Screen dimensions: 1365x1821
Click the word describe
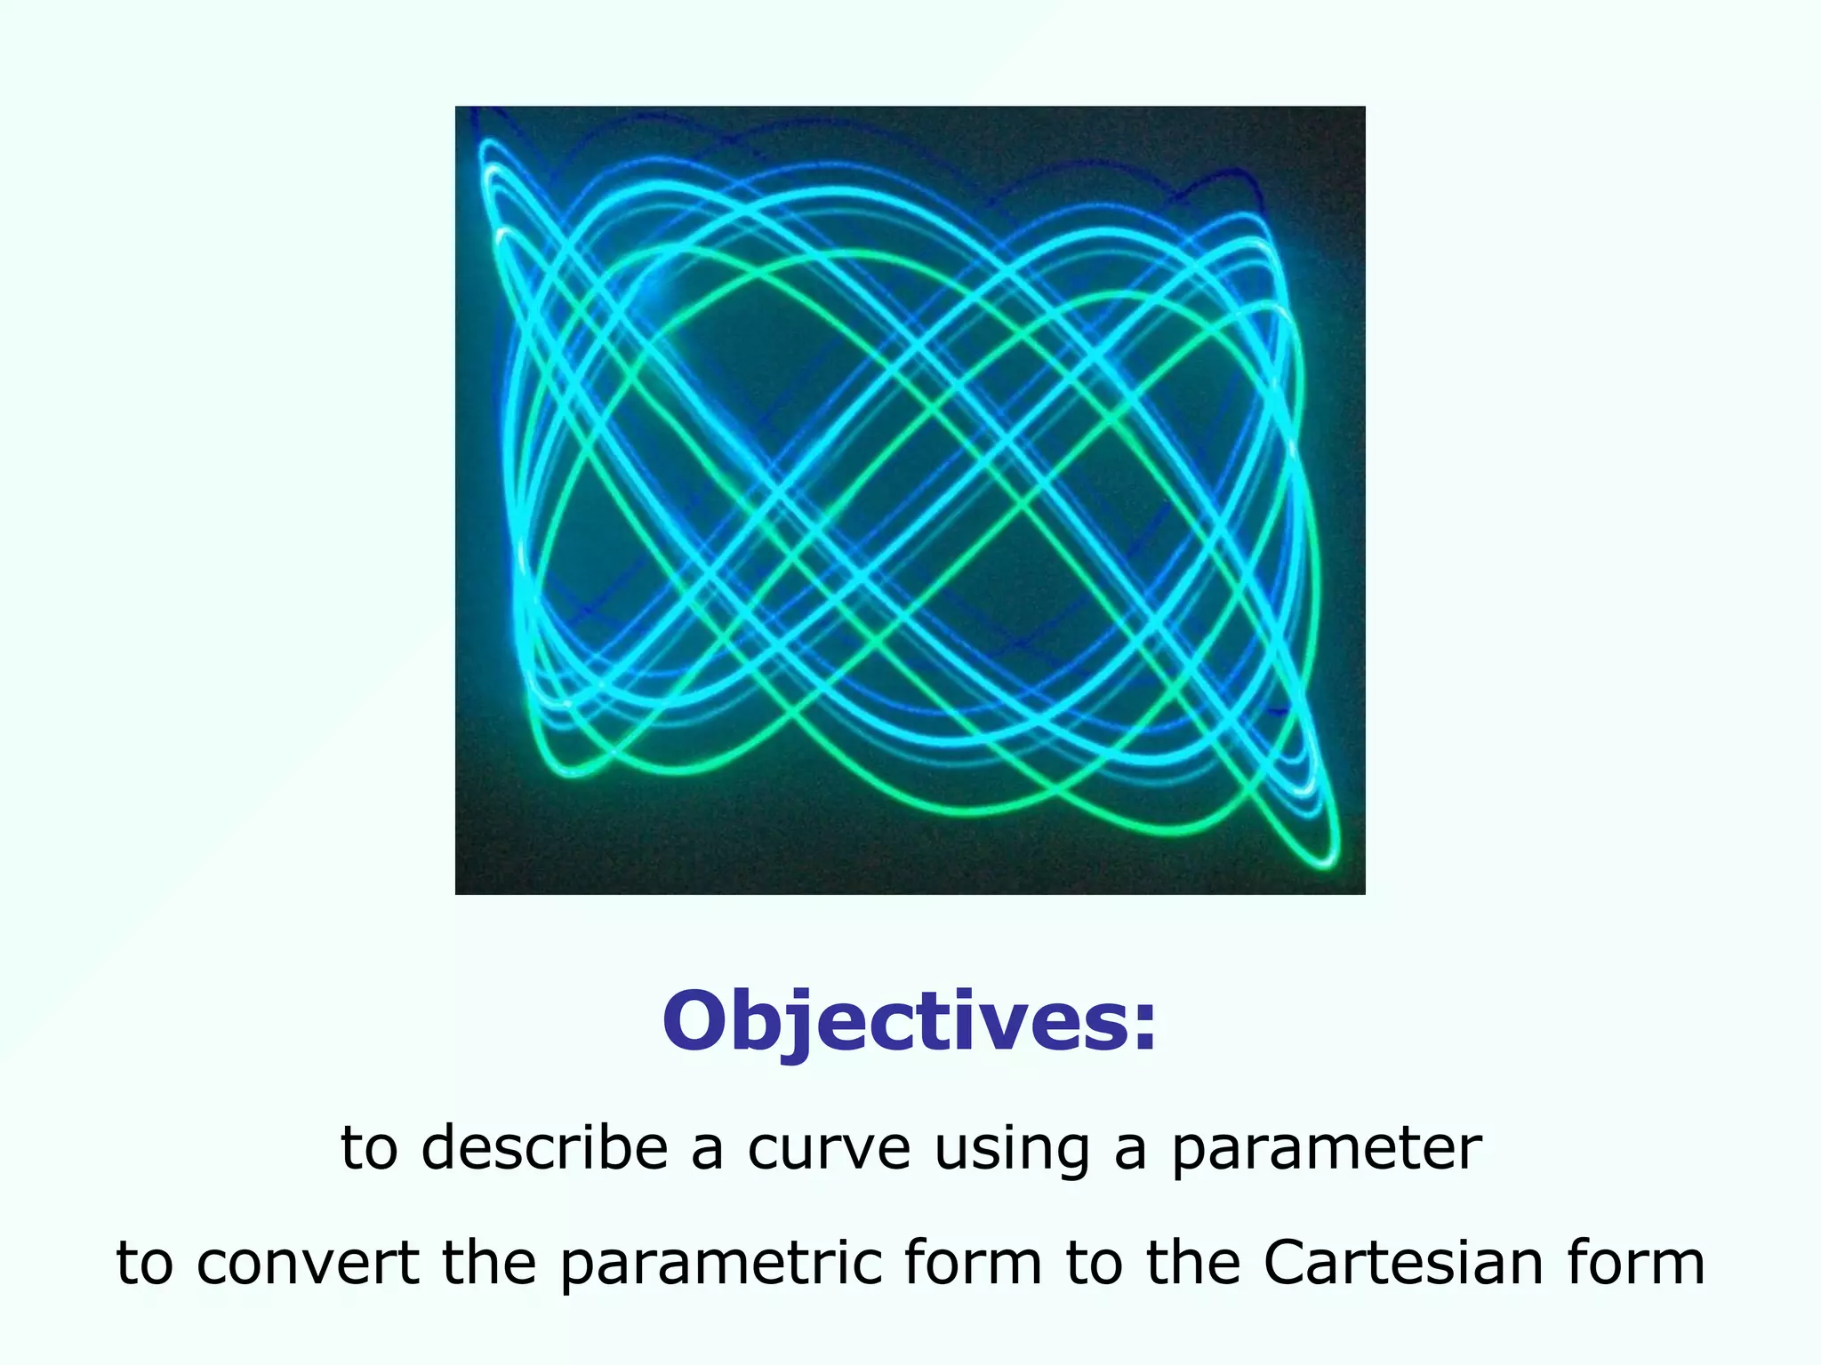tap(544, 1148)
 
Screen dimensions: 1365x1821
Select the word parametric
tap(721, 1265)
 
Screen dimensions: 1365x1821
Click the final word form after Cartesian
tap(1635, 1263)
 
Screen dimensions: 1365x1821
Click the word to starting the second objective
tap(143, 1265)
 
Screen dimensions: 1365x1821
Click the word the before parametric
tap(489, 1263)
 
